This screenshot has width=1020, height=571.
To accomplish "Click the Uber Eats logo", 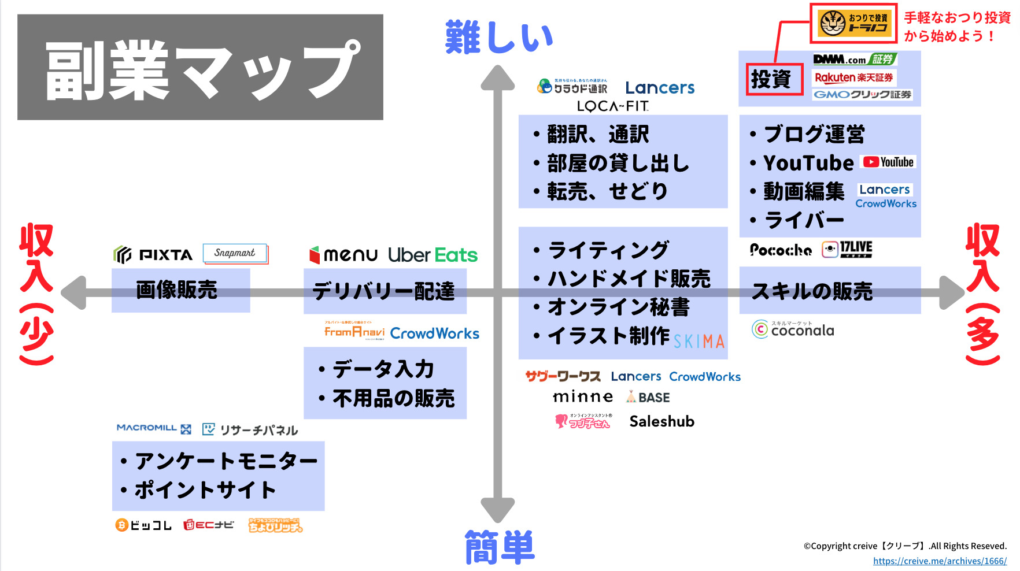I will tap(433, 255).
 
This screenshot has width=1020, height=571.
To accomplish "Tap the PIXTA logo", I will tap(153, 254).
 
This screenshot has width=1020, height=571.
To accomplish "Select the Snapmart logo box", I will tap(235, 253).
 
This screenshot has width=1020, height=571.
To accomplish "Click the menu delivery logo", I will tap(343, 255).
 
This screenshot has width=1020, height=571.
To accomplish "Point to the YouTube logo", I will tap(888, 162).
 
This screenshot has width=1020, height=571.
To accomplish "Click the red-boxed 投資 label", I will tap(774, 79).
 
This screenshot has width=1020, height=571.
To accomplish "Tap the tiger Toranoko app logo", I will tap(853, 23).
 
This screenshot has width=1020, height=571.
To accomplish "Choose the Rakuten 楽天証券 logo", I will tap(853, 77).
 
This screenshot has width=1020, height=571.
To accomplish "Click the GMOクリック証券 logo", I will tap(862, 95).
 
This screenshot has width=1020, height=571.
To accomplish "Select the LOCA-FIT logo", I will tap(613, 106).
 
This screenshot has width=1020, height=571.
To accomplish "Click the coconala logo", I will tap(793, 329).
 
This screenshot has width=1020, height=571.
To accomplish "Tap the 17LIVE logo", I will tap(847, 249).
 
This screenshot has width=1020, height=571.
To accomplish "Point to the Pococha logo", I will tap(781, 250).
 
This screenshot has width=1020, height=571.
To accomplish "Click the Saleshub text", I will tap(661, 421).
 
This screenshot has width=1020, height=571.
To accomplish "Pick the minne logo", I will tap(582, 397).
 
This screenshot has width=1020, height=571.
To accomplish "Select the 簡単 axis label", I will tap(500, 547).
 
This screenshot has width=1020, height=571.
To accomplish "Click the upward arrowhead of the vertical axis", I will tap(497, 78).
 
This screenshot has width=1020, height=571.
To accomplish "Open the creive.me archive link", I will tap(940, 561).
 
